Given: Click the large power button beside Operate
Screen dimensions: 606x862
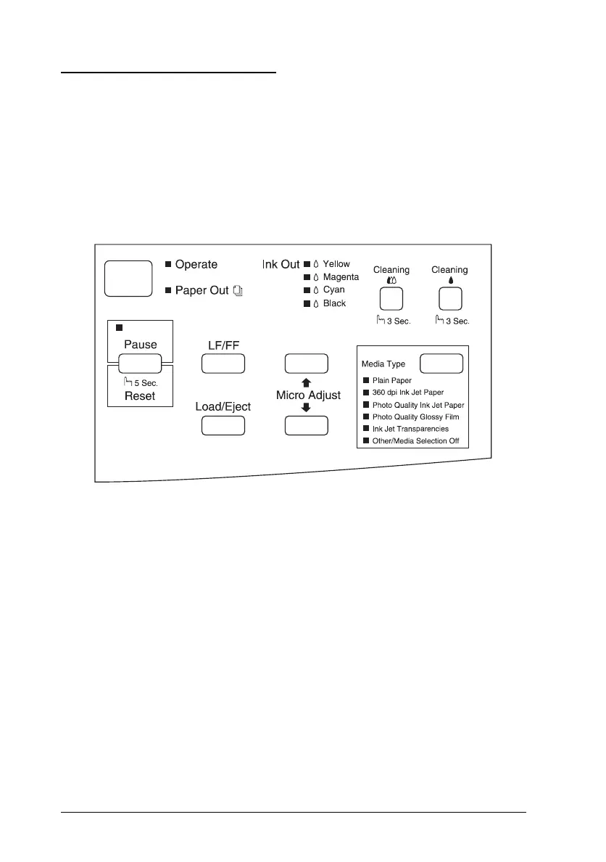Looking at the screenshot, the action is (x=128, y=279).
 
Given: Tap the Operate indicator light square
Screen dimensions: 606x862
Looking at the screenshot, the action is (x=168, y=265).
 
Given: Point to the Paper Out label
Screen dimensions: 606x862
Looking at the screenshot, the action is (x=202, y=290).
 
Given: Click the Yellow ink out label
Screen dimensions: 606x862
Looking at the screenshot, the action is (x=336, y=264).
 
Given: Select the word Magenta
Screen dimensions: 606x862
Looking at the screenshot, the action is (x=341, y=277).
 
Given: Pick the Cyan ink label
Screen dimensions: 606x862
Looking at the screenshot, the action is (x=334, y=290).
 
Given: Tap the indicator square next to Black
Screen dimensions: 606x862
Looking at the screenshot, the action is (x=307, y=303).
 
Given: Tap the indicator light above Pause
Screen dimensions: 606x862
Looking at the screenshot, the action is (x=120, y=329).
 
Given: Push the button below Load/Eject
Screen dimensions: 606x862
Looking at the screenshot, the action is (x=223, y=426).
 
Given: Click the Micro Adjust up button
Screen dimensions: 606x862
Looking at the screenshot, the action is (x=306, y=364).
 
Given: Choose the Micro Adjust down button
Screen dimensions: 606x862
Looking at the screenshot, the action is (x=306, y=426).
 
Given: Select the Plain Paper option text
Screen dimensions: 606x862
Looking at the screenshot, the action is (x=393, y=380).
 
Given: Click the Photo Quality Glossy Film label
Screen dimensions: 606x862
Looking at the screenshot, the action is (x=415, y=417).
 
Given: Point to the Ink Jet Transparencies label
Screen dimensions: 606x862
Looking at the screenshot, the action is (x=410, y=429).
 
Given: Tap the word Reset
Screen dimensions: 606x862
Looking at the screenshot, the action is (x=140, y=396).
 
